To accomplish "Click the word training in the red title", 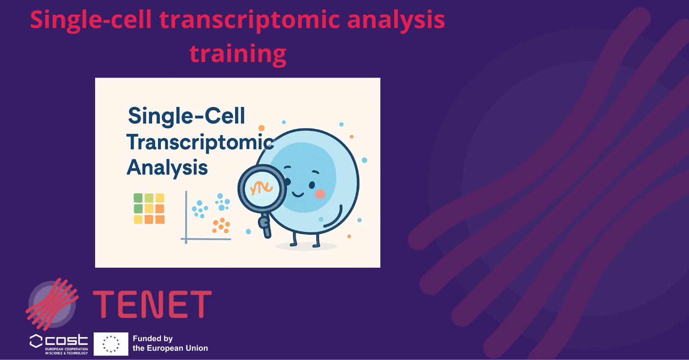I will [x=238, y=53].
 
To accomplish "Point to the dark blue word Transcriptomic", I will [x=200, y=142].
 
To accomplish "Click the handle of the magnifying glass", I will [x=265, y=225].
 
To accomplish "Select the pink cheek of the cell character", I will [x=320, y=194].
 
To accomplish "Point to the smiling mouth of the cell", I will [x=299, y=194].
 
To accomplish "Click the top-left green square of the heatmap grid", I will [x=138, y=198].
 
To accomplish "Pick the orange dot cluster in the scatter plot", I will [x=221, y=225].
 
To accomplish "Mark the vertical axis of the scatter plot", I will [x=186, y=216].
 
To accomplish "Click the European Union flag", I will [x=111, y=343].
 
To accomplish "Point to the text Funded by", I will [x=152, y=338].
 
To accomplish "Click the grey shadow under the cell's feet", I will [x=306, y=247].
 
